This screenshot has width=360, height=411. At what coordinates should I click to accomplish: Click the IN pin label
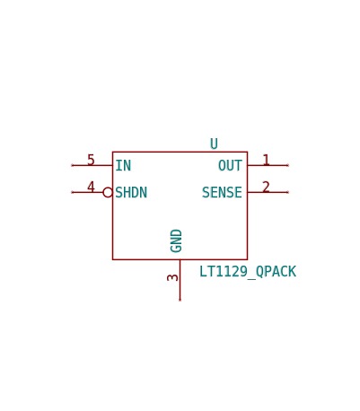click(x=123, y=165)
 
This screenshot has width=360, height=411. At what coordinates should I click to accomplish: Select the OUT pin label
click(x=230, y=165)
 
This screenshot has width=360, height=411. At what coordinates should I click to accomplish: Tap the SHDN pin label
click(x=131, y=192)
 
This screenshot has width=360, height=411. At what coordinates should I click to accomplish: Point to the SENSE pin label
click(x=222, y=192)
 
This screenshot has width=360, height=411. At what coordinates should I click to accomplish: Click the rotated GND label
click(x=176, y=240)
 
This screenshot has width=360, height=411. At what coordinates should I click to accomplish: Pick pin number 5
click(x=91, y=160)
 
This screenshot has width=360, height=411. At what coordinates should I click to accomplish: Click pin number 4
click(x=91, y=187)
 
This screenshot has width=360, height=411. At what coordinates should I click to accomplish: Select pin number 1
click(x=266, y=160)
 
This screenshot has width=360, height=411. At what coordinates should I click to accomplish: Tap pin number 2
click(x=266, y=187)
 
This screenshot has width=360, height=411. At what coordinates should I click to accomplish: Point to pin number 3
click(x=172, y=277)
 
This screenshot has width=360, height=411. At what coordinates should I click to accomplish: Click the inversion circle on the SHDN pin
click(x=108, y=192)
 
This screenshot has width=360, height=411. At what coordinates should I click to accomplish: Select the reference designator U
click(x=214, y=144)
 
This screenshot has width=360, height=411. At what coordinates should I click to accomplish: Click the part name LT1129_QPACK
click(x=248, y=272)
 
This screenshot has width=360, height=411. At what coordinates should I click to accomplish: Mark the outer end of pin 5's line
click(x=72, y=165)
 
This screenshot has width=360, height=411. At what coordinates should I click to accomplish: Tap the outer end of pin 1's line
click(x=287, y=165)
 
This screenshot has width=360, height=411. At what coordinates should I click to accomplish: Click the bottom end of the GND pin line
click(x=180, y=300)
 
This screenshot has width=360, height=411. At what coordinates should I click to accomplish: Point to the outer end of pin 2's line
click(x=287, y=192)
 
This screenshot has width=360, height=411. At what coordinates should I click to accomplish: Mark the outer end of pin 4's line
click(x=72, y=192)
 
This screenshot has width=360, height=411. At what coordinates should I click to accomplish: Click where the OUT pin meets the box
click(x=248, y=165)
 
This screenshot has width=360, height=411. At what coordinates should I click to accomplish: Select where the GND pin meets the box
click(x=180, y=259)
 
